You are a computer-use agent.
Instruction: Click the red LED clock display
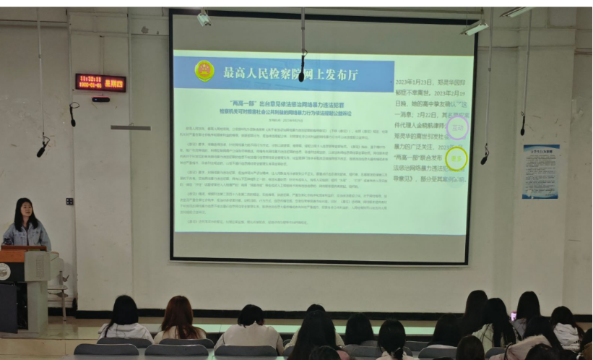point(100,82)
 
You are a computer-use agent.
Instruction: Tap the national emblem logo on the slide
point(204,71)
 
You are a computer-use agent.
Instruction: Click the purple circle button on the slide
point(456,128)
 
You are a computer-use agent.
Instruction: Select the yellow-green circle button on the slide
point(456,159)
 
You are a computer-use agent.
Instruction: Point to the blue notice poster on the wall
point(540,171)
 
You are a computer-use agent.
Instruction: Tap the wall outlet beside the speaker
point(69,201)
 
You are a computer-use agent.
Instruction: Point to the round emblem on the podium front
point(4,272)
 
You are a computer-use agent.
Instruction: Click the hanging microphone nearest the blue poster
point(522,124)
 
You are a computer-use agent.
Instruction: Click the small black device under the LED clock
point(101,99)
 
